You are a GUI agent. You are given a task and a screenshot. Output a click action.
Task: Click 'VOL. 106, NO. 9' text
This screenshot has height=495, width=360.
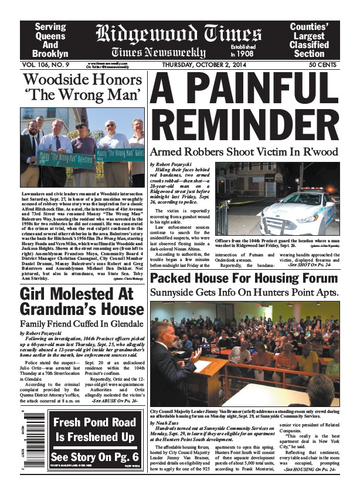click(x=44, y=64)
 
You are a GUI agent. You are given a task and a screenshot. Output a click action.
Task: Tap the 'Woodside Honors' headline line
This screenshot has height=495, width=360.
click(x=81, y=80)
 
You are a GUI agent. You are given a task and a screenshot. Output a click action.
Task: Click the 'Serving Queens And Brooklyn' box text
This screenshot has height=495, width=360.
click(x=50, y=40)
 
